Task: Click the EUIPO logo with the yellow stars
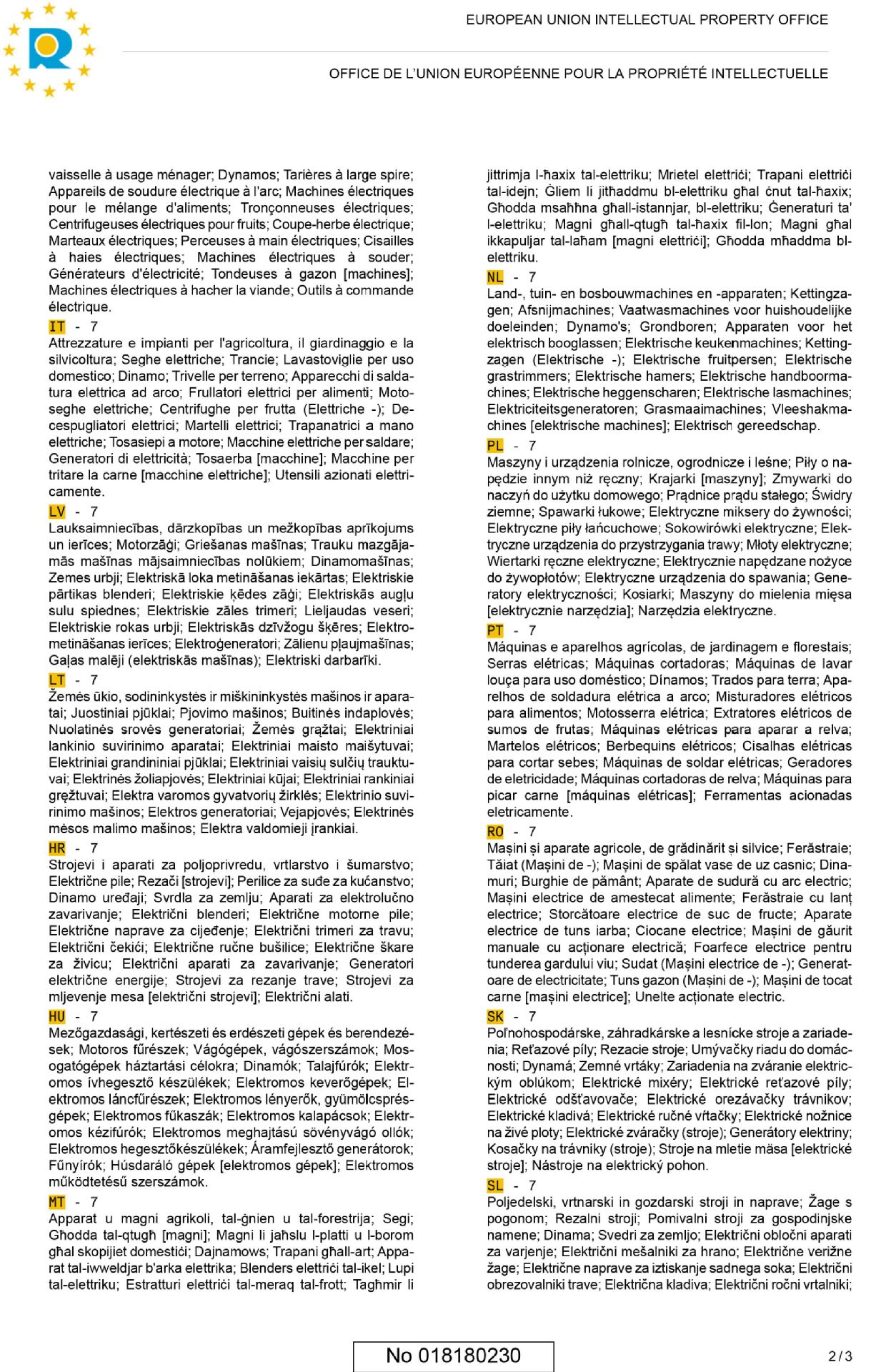click(x=49, y=49)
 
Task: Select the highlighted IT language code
click(x=57, y=327)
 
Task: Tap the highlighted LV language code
click(x=57, y=512)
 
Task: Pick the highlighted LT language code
click(x=57, y=680)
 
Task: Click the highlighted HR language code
click(x=57, y=848)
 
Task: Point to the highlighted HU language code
click(x=57, y=1016)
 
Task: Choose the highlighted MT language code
click(x=57, y=1202)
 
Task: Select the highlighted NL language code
click(x=495, y=277)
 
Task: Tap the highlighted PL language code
click(x=495, y=445)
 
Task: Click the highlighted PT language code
click(x=495, y=630)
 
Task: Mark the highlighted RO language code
click(x=495, y=831)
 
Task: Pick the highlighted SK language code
click(x=495, y=1016)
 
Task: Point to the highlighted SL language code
click(x=495, y=1185)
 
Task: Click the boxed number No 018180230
click(x=453, y=1356)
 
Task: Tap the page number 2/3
click(x=840, y=1356)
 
